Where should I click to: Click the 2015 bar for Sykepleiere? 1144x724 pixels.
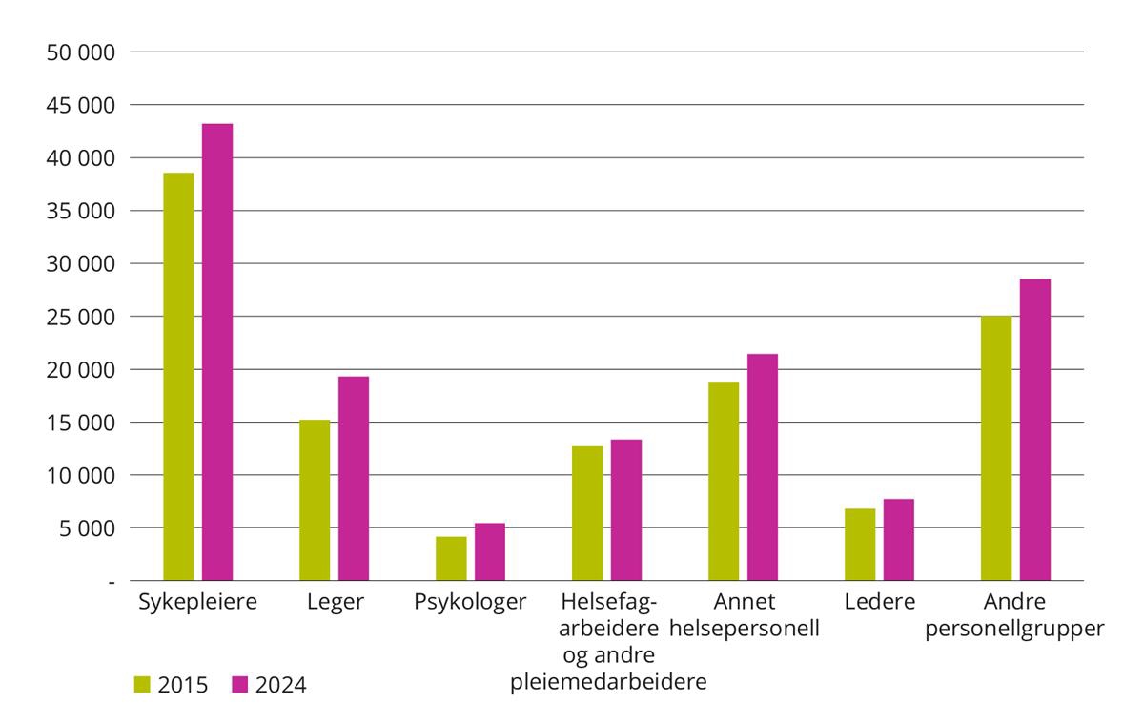point(178,377)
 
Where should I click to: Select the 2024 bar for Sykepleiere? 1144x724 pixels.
point(217,352)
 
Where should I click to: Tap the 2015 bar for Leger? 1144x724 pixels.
point(315,500)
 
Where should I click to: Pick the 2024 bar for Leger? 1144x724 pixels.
point(354,478)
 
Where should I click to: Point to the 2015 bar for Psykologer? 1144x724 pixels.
point(451,558)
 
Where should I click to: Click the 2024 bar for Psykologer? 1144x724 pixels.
point(490,551)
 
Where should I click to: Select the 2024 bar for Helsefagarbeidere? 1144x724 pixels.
point(626,509)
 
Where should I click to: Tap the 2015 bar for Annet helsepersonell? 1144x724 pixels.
point(724,481)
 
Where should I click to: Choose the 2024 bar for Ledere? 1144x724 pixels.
point(898,539)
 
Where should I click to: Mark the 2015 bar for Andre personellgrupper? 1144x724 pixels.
point(996,447)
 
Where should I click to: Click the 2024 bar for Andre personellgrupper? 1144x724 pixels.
point(1035,429)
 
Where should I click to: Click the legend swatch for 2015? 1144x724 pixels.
point(143,684)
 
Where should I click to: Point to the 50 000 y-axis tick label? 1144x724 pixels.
point(81,52)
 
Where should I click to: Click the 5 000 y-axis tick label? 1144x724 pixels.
point(87,528)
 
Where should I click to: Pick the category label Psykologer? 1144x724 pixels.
point(470,603)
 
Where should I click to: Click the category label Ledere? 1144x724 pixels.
point(879,603)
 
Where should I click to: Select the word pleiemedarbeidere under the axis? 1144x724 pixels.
point(608,682)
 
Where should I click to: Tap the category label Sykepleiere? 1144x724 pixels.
point(198,603)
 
